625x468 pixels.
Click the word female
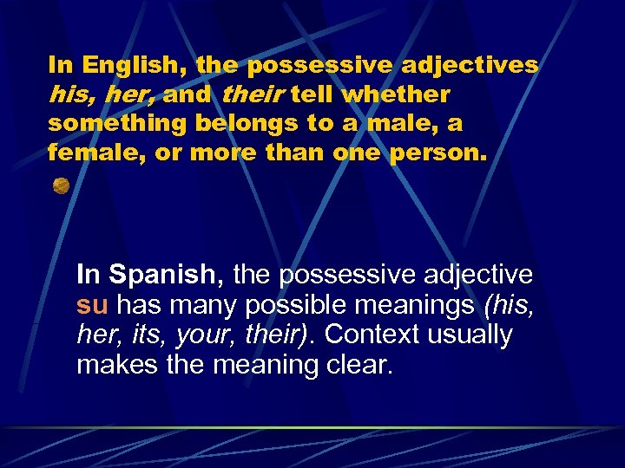(x=87, y=153)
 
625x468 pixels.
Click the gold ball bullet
(x=61, y=185)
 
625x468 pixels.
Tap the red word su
(x=92, y=305)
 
